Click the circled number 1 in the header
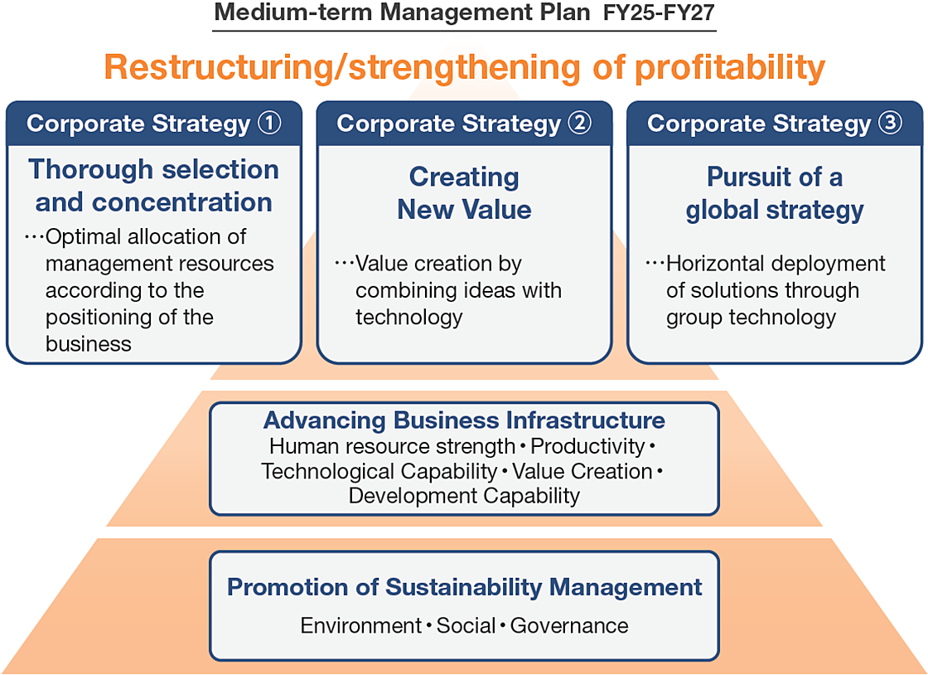[269, 124]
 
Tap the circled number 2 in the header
[580, 124]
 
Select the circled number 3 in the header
[891, 124]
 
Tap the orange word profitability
[729, 67]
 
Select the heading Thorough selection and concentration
[154, 186]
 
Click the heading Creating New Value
[464, 193]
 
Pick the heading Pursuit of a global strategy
[775, 193]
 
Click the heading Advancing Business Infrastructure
[464, 420]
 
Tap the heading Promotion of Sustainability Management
[464, 587]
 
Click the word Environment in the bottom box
[361, 625]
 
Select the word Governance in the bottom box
[569, 625]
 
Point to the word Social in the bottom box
[466, 625]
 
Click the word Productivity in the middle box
[587, 446]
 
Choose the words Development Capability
[464, 496]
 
